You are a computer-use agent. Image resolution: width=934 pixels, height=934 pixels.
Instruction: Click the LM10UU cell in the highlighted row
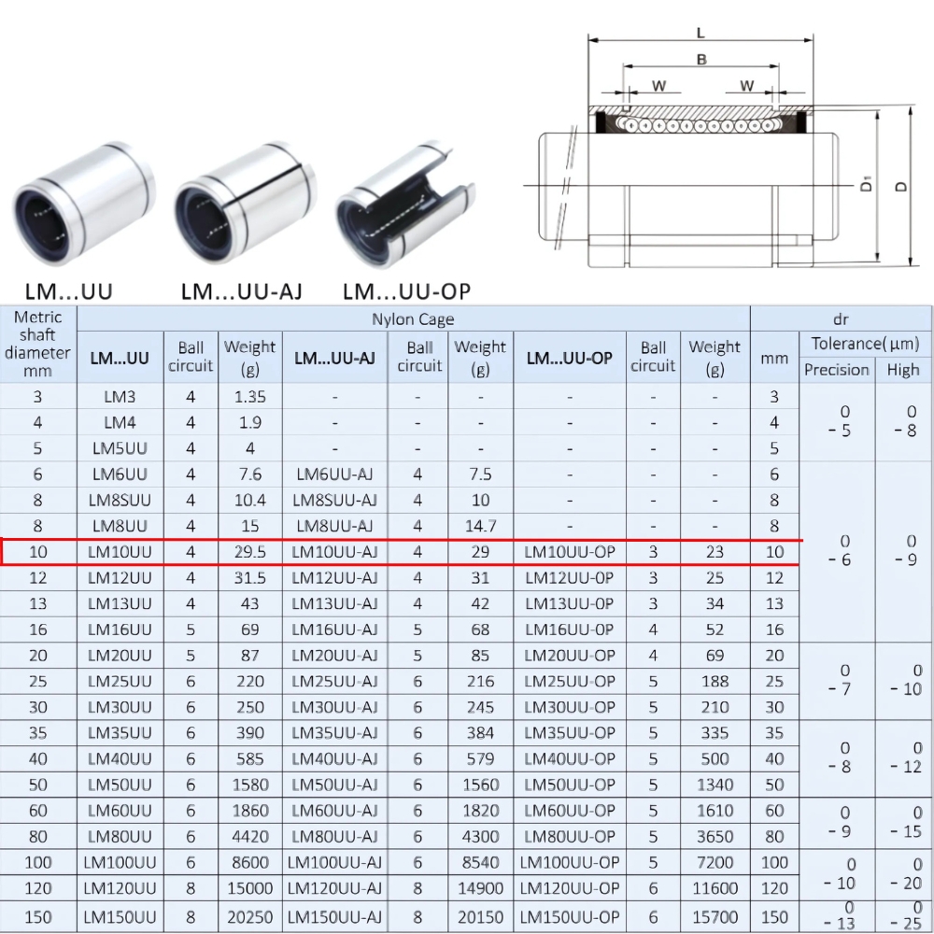pyautogui.click(x=120, y=552)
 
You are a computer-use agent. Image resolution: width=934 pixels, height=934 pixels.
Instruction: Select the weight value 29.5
pyautogui.click(x=249, y=552)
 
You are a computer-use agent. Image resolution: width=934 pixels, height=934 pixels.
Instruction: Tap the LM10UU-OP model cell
pyautogui.click(x=570, y=552)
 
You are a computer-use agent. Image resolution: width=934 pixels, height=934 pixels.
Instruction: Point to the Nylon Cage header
pyautogui.click(x=413, y=319)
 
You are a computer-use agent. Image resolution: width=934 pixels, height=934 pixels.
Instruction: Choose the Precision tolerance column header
pyautogui.click(x=837, y=370)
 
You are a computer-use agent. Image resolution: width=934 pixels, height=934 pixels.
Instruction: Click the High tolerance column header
pyautogui.click(x=903, y=370)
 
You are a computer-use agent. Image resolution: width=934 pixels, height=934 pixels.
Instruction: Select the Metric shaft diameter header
pyautogui.click(x=37, y=344)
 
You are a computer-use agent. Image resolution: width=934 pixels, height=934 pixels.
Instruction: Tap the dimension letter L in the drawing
pyautogui.click(x=700, y=34)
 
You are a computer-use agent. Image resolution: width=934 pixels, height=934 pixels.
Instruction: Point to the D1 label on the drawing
pyautogui.click(x=867, y=184)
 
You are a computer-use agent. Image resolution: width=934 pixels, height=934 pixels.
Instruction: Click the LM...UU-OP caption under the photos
pyautogui.click(x=406, y=291)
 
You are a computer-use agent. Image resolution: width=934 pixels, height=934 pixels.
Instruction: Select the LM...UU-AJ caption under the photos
pyautogui.click(x=241, y=291)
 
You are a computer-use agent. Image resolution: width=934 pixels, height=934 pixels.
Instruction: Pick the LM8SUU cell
pyautogui.click(x=120, y=500)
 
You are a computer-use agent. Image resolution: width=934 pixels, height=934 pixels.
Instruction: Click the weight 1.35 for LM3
pyautogui.click(x=249, y=396)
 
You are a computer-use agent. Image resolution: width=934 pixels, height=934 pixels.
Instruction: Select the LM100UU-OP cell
pyautogui.click(x=570, y=862)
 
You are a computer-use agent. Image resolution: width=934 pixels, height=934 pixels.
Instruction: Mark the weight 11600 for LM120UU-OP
pyautogui.click(x=715, y=888)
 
